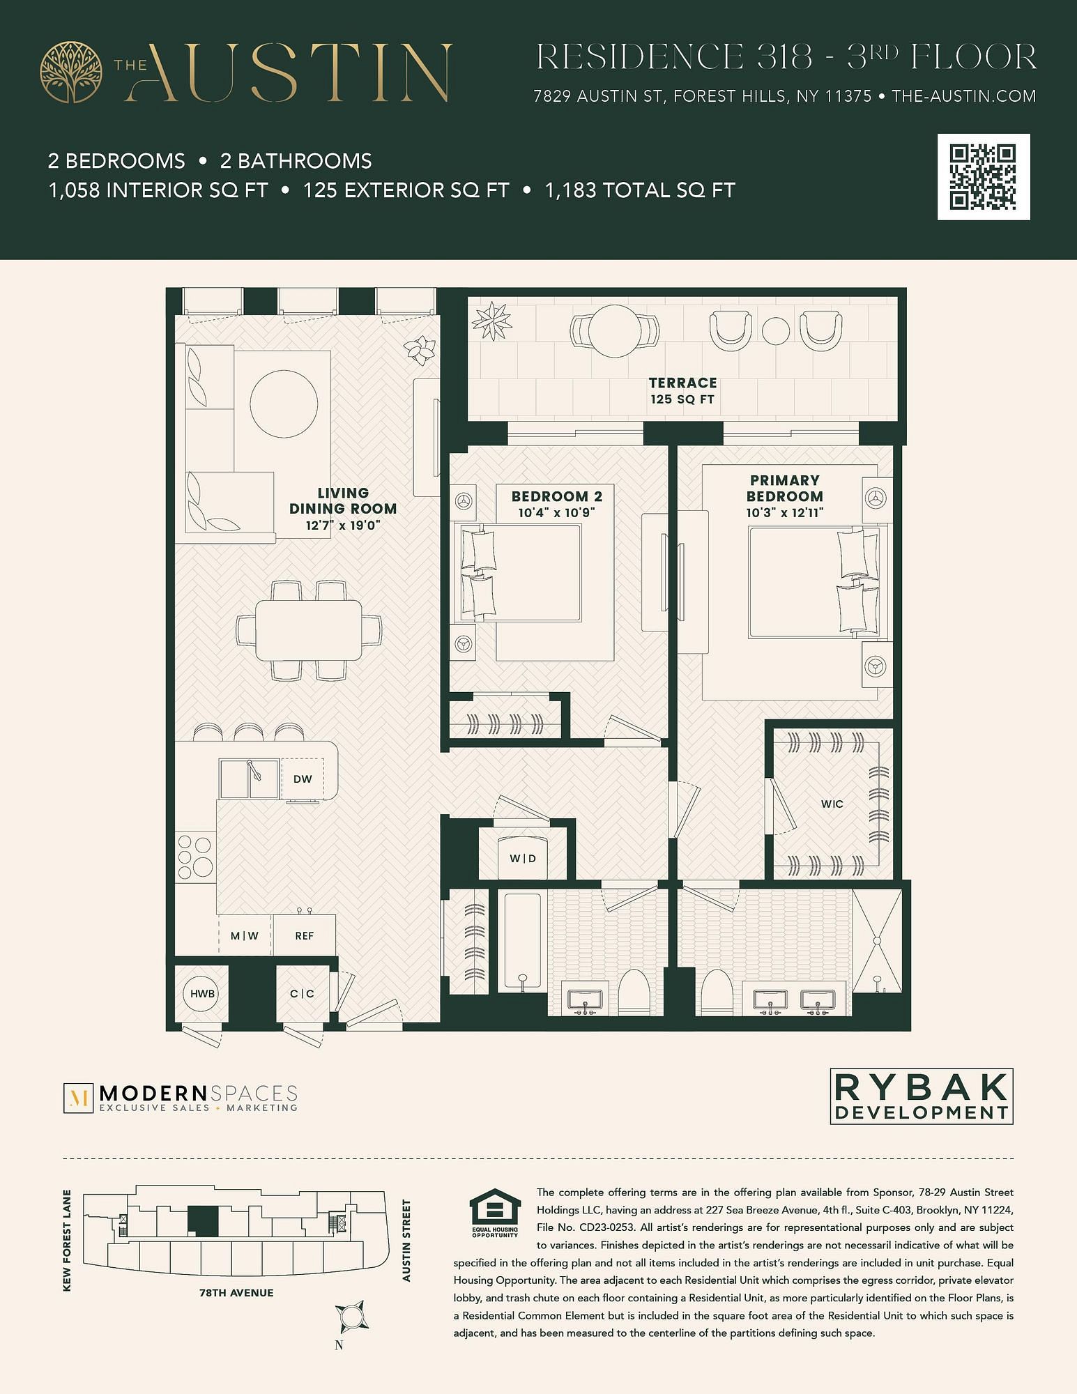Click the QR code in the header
pos(984,177)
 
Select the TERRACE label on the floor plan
pos(682,383)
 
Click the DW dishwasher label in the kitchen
pos(303,779)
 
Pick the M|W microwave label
pos(245,935)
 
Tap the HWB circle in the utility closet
pos(202,993)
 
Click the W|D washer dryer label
pos(523,858)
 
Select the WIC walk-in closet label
pos(832,804)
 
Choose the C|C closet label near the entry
pos(302,993)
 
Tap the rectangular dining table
pos(309,630)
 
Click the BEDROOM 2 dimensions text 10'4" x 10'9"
pos(556,512)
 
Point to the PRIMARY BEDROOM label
pos(785,488)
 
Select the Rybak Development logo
pos(922,1096)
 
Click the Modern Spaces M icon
pos(78,1098)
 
